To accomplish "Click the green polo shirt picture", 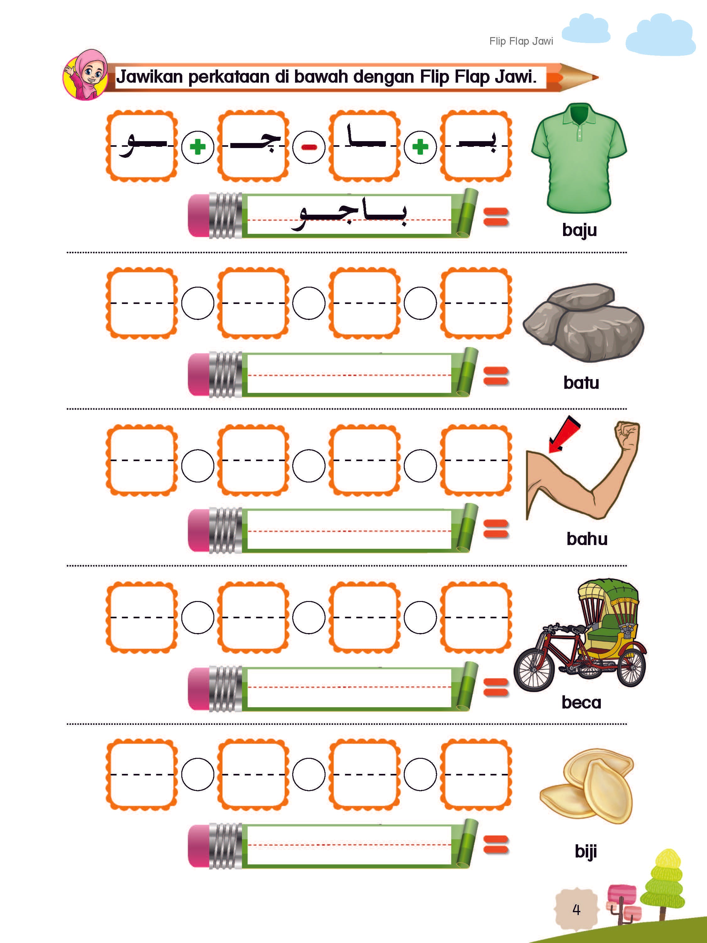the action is click(x=579, y=158).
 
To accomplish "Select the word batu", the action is click(x=581, y=383).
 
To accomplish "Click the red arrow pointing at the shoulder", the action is click(x=563, y=434).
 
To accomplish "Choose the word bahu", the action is click(x=587, y=539).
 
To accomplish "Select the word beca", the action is click(x=581, y=702).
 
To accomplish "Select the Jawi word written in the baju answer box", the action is click(x=349, y=216).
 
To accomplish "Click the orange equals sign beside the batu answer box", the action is click(x=496, y=376).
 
